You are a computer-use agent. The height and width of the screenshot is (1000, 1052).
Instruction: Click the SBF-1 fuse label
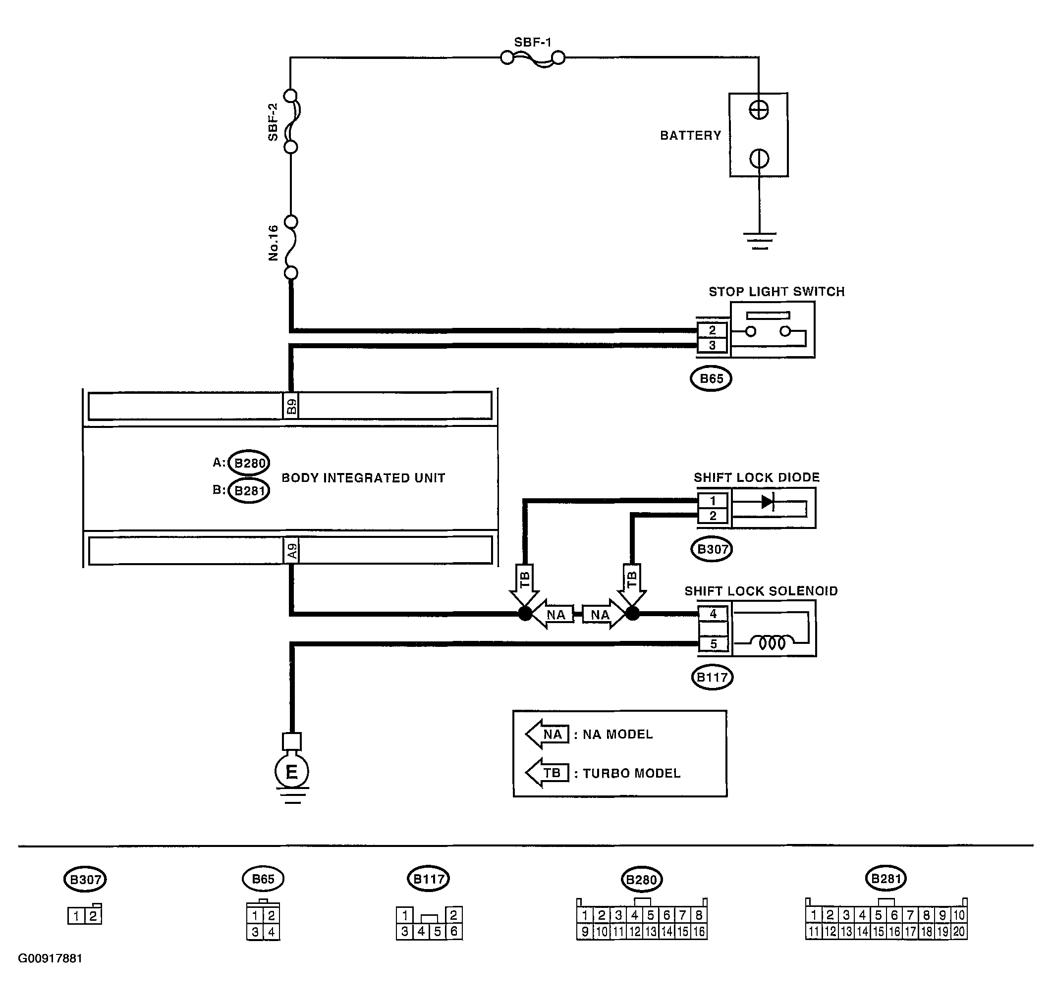(532, 42)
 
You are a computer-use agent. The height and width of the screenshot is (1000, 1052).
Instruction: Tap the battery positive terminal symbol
(758, 110)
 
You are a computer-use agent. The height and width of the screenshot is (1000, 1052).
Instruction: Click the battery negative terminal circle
(759, 158)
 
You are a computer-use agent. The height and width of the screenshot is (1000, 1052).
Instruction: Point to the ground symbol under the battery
(759, 241)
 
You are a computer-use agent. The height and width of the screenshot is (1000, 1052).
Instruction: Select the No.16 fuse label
(273, 243)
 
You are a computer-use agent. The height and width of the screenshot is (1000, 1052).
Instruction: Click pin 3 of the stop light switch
(712, 345)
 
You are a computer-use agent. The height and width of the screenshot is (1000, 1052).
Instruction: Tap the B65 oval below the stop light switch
(711, 379)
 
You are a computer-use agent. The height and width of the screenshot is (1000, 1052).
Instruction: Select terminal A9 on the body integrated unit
(291, 550)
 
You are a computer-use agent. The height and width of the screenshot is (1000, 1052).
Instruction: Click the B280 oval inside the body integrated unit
(248, 463)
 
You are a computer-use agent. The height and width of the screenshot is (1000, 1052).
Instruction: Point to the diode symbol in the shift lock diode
(767, 502)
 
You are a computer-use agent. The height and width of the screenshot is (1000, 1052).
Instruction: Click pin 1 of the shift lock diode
(713, 501)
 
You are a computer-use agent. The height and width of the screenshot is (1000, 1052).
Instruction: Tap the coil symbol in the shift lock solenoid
(772, 643)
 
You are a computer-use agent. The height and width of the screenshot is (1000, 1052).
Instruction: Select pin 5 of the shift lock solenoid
(714, 644)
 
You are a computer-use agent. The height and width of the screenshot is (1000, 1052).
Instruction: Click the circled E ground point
(292, 771)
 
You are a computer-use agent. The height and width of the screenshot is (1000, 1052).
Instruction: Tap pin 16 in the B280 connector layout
(699, 932)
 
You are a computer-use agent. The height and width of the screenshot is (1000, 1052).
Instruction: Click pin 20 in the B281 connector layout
(959, 932)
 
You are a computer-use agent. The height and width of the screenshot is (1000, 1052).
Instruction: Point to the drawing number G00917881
(50, 973)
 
